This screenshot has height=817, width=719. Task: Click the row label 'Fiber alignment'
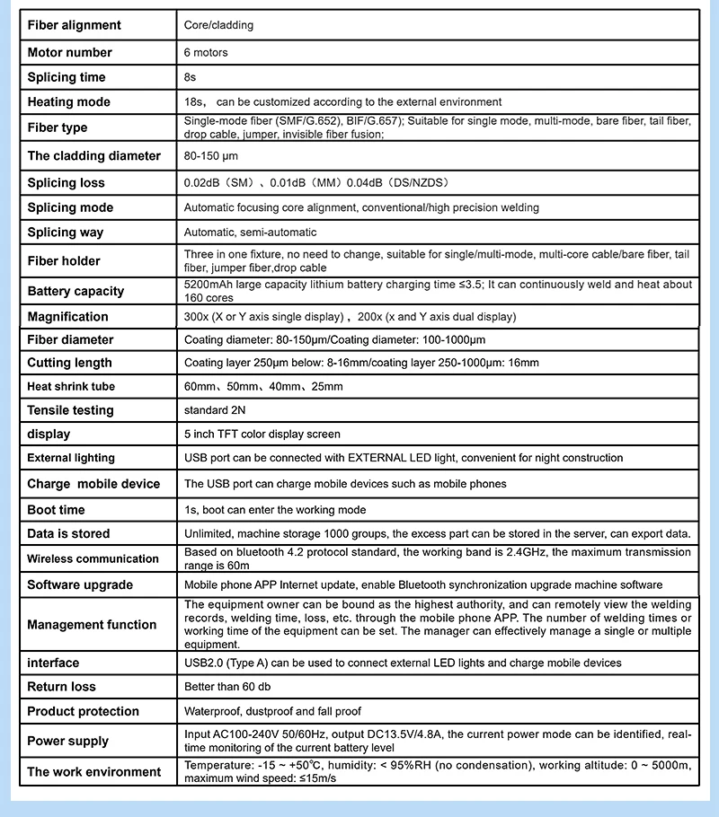tap(75, 25)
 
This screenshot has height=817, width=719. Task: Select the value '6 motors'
tap(206, 53)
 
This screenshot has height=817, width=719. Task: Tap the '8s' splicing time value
tap(190, 78)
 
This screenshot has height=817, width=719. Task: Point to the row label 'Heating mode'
tap(69, 102)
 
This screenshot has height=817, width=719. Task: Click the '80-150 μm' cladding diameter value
tap(211, 156)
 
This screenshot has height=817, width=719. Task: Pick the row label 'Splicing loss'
tap(67, 183)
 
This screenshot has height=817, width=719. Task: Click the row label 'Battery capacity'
tap(76, 292)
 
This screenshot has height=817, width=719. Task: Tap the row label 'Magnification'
tap(68, 317)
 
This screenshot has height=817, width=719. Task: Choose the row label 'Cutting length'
tap(70, 364)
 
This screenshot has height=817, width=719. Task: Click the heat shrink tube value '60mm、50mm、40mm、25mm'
tap(263, 387)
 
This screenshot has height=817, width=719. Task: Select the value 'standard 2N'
tap(216, 410)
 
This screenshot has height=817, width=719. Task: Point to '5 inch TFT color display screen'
tap(262, 435)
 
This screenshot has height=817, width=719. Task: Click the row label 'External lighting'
tap(71, 458)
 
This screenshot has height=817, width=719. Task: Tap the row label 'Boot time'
tap(57, 510)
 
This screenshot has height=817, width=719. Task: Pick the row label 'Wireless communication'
tap(93, 559)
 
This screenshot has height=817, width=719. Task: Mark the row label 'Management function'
tap(92, 625)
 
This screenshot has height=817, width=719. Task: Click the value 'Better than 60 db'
tap(227, 688)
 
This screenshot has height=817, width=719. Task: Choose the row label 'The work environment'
tap(94, 772)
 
